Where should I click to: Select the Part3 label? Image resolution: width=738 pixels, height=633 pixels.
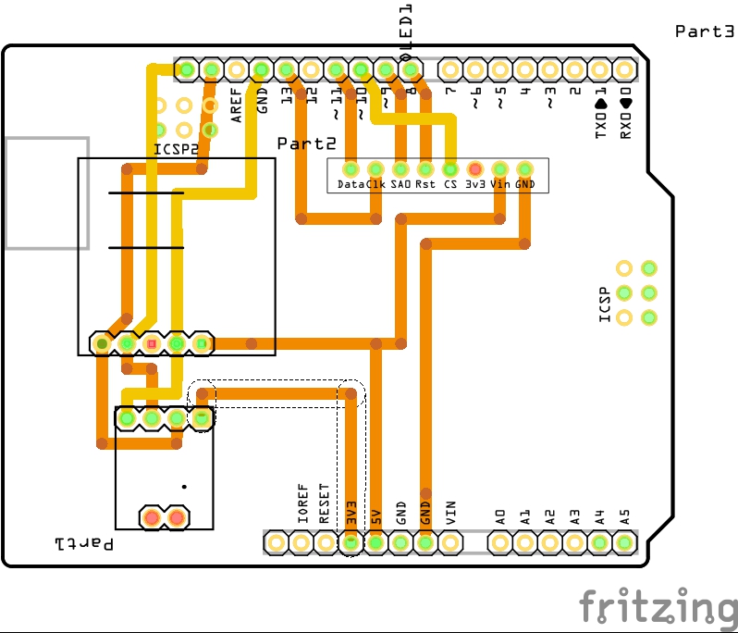click(704, 31)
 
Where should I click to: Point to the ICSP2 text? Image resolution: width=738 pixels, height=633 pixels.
click(176, 148)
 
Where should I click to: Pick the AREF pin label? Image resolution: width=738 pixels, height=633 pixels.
click(237, 105)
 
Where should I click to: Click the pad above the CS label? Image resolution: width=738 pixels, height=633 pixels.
click(449, 169)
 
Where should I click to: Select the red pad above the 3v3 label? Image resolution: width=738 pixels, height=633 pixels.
click(474, 169)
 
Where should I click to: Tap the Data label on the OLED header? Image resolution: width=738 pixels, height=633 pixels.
click(350, 185)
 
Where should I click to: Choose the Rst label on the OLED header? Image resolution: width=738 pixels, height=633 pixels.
click(424, 185)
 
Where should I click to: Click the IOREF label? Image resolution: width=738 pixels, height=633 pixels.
click(301, 505)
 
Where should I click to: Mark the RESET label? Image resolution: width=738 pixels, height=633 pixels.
click(325, 504)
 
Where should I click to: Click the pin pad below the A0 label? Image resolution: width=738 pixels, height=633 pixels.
click(499, 542)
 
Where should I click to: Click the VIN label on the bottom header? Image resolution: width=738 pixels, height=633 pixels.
click(450, 513)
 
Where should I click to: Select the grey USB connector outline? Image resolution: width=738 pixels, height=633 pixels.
click(47, 193)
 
